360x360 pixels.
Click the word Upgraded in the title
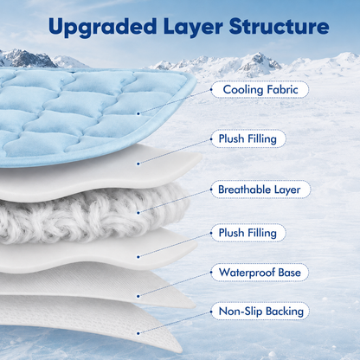[102, 27]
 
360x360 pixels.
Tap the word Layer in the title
[193, 27]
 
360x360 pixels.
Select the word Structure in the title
[279, 27]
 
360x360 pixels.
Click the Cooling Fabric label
[260, 90]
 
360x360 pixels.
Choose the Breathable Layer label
[260, 190]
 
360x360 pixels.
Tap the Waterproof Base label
[260, 273]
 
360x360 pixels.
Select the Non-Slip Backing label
[260, 312]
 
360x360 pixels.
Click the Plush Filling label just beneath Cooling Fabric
[248, 138]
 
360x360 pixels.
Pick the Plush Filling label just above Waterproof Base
[248, 233]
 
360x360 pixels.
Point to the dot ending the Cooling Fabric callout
[138, 113]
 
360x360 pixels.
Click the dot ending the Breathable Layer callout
[138, 213]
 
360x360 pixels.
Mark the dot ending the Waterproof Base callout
[138, 296]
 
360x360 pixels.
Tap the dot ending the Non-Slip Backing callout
[138, 333]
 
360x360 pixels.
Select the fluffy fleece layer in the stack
[93, 214]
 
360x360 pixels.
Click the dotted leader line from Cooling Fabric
[175, 102]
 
